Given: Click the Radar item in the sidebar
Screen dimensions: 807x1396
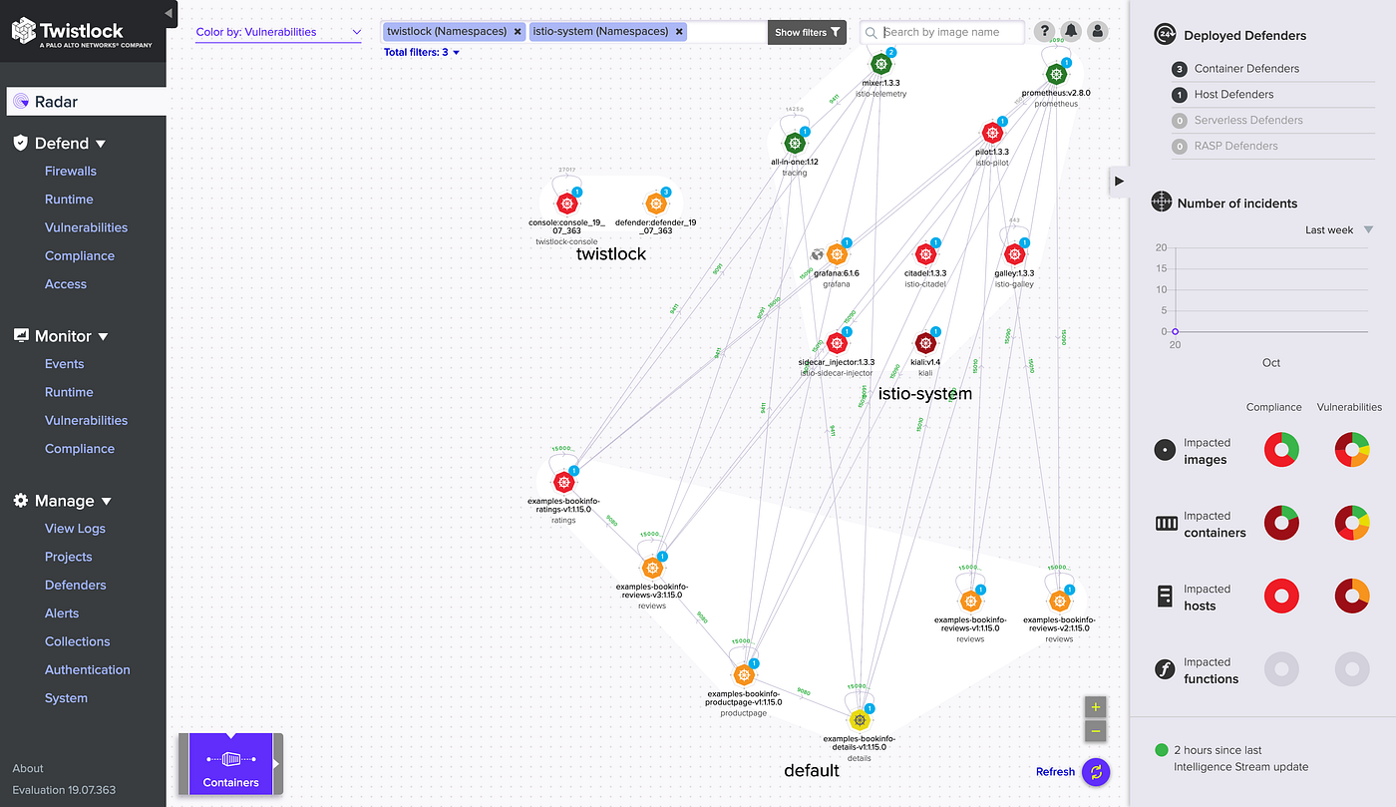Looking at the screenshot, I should [57, 102].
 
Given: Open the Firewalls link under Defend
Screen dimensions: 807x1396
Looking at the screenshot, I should [71, 171].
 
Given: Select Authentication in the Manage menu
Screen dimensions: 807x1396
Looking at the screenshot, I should [87, 669].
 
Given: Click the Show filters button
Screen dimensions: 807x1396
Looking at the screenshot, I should [807, 32].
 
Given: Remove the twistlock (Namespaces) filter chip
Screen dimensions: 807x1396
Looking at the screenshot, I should [518, 32].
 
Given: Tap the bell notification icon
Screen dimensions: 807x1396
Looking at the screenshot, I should [1071, 32].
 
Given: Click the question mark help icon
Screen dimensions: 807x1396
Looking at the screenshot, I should [1044, 32].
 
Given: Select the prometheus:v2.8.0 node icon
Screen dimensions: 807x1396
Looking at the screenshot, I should [1056, 74].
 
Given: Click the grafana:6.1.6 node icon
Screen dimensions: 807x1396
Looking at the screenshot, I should [838, 253].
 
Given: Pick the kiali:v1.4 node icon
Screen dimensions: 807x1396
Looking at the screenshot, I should [925, 343].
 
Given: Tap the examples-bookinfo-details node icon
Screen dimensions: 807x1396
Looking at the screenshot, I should [859, 719].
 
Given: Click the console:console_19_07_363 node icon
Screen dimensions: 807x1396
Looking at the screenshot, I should [566, 203].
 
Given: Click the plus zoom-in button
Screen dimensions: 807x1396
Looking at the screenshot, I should [1095, 707].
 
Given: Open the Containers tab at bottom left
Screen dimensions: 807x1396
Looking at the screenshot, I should [230, 765].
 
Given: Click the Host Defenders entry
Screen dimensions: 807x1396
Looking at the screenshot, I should [1233, 95].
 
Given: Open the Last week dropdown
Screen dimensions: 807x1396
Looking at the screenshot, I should [1339, 230].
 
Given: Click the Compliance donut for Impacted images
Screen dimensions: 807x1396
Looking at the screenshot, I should [1281, 450].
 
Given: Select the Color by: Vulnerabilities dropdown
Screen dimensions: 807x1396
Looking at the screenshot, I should [278, 32].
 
